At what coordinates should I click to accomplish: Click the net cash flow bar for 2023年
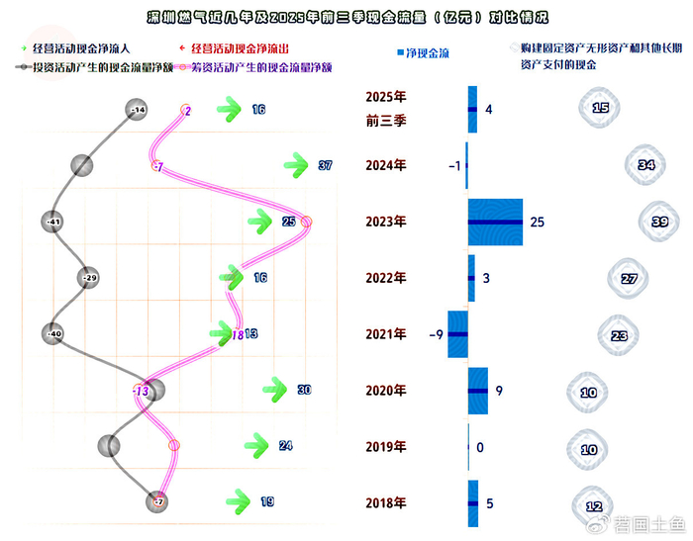(x=495, y=222)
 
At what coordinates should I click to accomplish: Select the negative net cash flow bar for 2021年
(x=457, y=334)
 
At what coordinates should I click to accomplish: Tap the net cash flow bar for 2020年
(x=477, y=391)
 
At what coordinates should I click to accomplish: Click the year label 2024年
(x=386, y=166)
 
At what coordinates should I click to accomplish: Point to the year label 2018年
(x=386, y=503)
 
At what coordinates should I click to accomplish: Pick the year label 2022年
(x=386, y=279)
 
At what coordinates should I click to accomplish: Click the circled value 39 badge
(x=659, y=223)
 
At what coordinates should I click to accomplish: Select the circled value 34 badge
(x=646, y=165)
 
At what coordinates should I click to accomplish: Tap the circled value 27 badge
(x=630, y=279)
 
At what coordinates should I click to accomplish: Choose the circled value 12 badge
(x=594, y=506)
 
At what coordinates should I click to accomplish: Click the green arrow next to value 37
(x=296, y=165)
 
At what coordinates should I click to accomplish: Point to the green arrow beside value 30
(x=275, y=390)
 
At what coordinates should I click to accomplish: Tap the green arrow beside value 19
(x=238, y=502)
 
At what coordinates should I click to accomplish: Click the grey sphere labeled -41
(x=54, y=222)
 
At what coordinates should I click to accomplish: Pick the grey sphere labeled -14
(x=139, y=110)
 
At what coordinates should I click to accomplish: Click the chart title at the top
(x=346, y=18)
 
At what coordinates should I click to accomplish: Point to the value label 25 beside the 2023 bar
(x=538, y=222)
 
